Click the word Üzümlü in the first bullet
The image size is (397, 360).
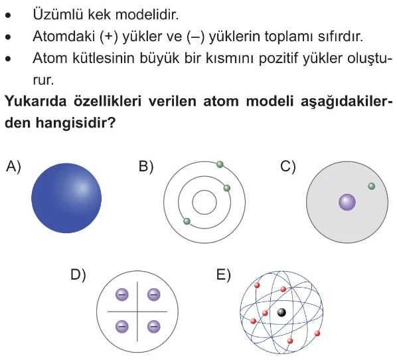coord(58,14)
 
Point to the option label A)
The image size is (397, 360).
coord(14,167)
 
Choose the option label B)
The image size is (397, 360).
coord(146,167)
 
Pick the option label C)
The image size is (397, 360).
coord(288,167)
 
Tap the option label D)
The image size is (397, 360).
coord(78,275)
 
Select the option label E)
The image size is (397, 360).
coord(224,275)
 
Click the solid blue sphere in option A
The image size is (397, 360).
coord(66,198)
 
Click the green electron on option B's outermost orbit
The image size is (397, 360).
coord(220,165)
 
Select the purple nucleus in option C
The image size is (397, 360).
coord(347,202)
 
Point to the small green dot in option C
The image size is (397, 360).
coord(371,186)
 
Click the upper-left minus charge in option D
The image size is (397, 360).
coord(121,295)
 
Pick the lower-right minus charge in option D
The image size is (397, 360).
coord(153,326)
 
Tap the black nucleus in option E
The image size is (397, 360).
coord(281,312)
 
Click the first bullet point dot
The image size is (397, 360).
coord(8,15)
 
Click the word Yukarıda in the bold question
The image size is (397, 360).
coord(36,101)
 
